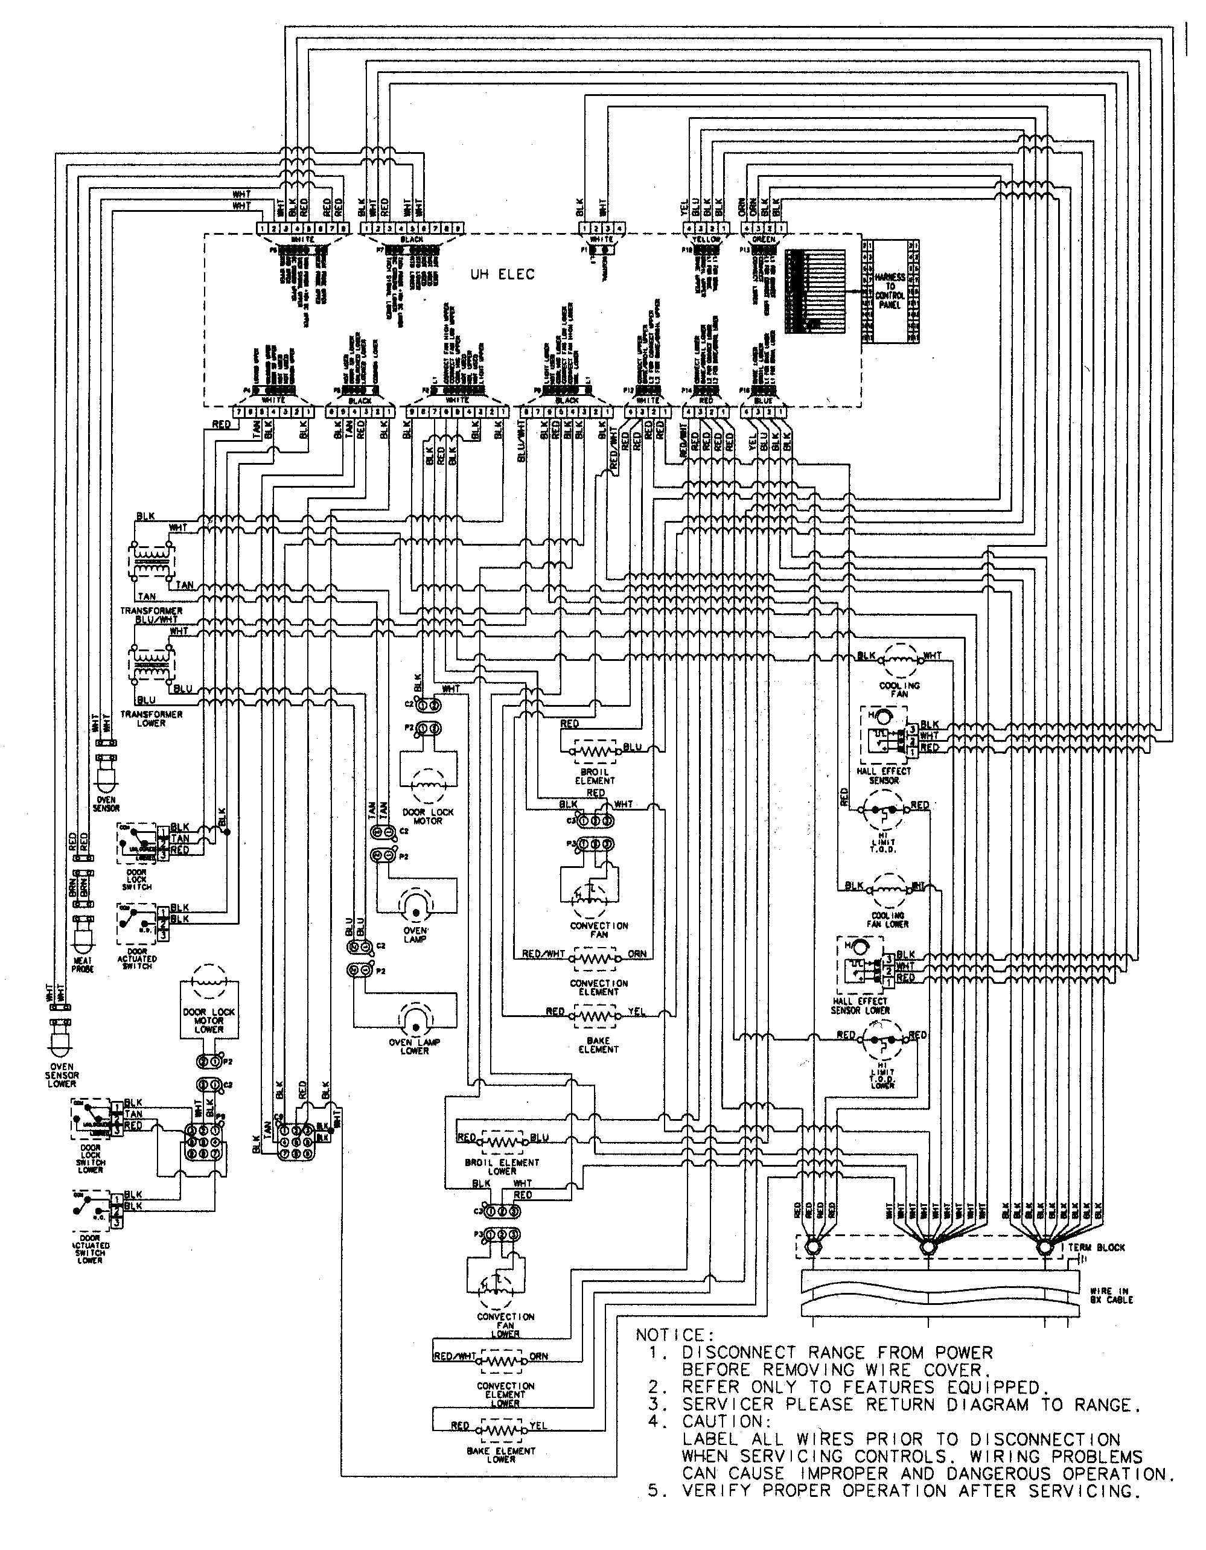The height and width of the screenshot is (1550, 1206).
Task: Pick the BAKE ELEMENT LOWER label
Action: tap(501, 1455)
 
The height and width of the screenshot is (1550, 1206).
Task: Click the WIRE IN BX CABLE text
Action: tap(1112, 1295)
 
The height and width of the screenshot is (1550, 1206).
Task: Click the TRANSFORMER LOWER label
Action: tap(151, 718)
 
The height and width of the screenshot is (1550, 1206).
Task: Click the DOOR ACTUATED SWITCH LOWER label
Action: tap(91, 1252)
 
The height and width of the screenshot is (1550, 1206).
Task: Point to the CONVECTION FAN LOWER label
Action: tap(505, 1325)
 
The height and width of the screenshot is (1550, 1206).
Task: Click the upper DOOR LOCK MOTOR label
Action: tap(427, 816)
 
